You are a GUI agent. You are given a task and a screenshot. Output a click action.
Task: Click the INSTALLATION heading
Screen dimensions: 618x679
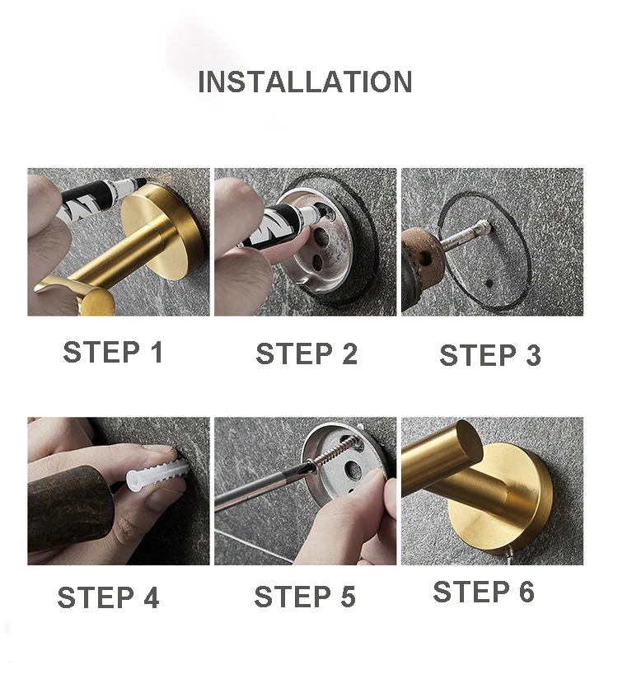pyautogui.click(x=305, y=82)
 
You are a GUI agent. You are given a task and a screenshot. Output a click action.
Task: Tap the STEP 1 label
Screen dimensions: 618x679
pyautogui.click(x=113, y=352)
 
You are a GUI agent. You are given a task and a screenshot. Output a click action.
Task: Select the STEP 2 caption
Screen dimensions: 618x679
pyautogui.click(x=307, y=354)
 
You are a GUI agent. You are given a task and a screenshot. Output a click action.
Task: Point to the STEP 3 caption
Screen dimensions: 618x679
pyautogui.click(x=490, y=355)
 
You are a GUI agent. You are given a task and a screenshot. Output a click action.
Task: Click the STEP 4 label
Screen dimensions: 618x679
pyautogui.click(x=108, y=597)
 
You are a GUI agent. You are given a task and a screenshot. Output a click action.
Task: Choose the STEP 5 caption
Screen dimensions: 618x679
pyautogui.click(x=305, y=597)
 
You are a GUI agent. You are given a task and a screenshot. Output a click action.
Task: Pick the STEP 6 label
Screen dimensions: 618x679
pyautogui.click(x=484, y=592)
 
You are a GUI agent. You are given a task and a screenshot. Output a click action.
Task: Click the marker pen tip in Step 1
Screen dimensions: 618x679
pyautogui.click(x=142, y=181)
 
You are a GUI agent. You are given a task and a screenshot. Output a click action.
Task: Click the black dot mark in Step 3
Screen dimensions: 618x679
pyautogui.click(x=489, y=284)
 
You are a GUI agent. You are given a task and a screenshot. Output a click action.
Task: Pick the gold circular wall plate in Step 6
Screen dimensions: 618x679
pyautogui.click(x=503, y=503)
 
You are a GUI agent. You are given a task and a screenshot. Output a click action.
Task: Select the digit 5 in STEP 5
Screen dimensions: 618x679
pyautogui.click(x=348, y=597)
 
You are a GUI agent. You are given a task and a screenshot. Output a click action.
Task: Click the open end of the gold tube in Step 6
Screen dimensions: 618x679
pyautogui.click(x=469, y=440)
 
